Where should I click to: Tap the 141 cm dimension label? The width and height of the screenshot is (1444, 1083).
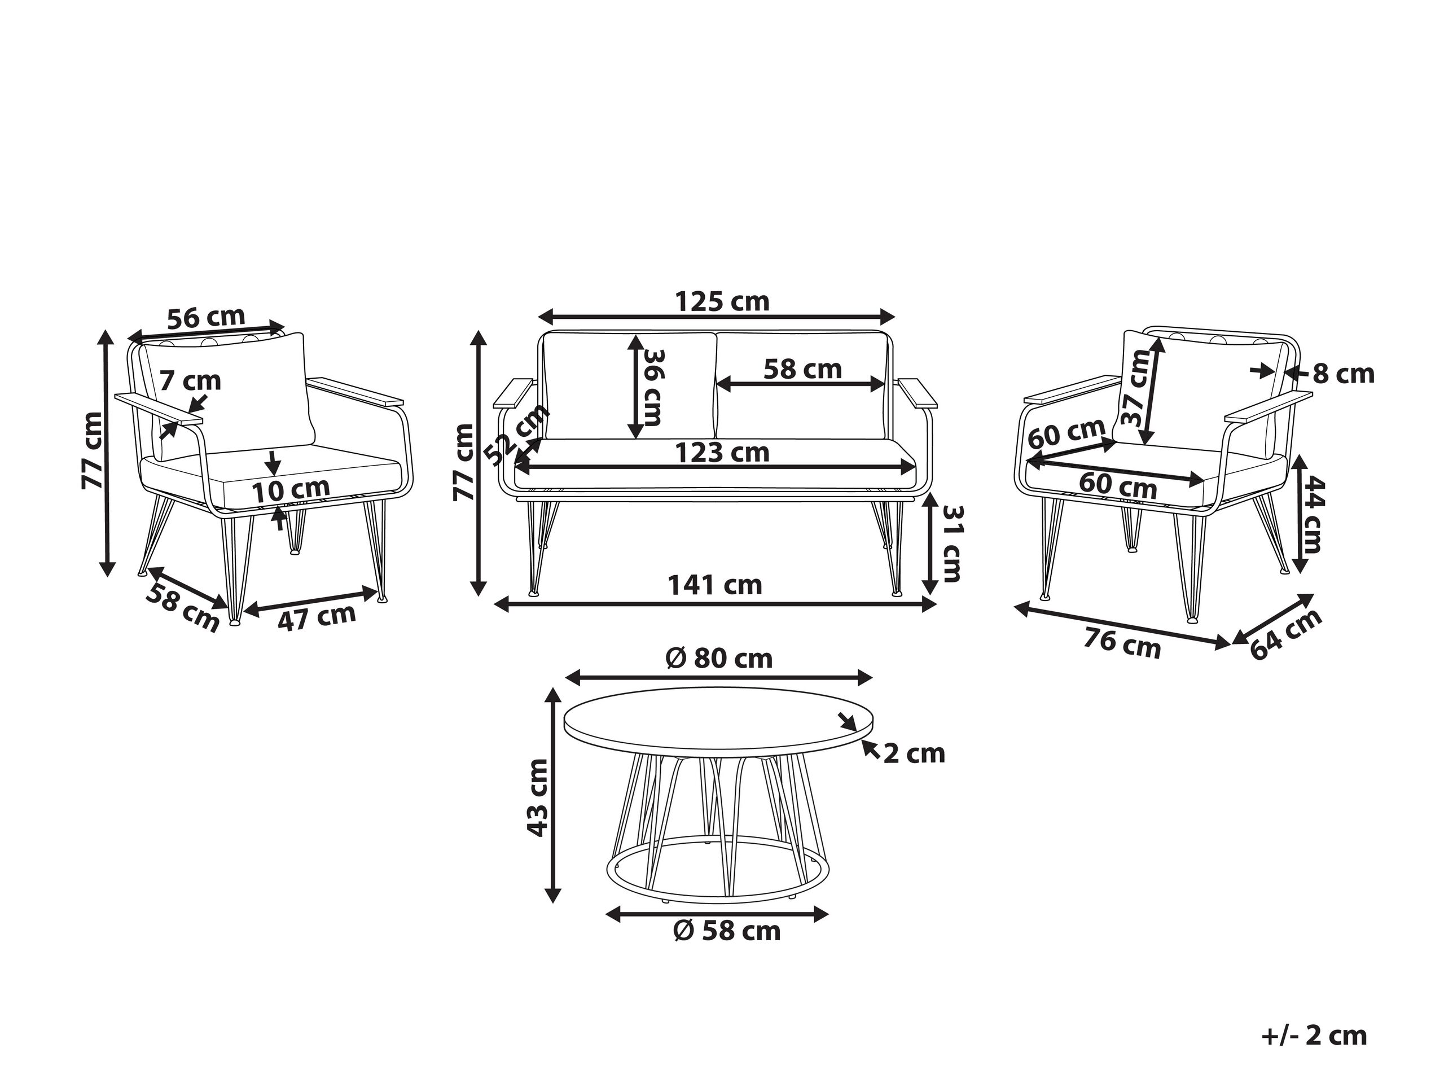point(715,585)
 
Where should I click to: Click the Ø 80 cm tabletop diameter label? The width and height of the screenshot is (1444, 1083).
point(719,658)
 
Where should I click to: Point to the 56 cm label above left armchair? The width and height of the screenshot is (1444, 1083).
point(207,317)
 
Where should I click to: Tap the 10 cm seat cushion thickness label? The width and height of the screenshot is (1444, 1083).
point(291,490)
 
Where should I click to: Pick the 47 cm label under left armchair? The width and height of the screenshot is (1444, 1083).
point(317,617)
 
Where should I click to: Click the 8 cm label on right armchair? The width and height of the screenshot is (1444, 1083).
point(1344,374)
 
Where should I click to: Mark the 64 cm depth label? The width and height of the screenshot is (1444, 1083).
point(1286,634)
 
